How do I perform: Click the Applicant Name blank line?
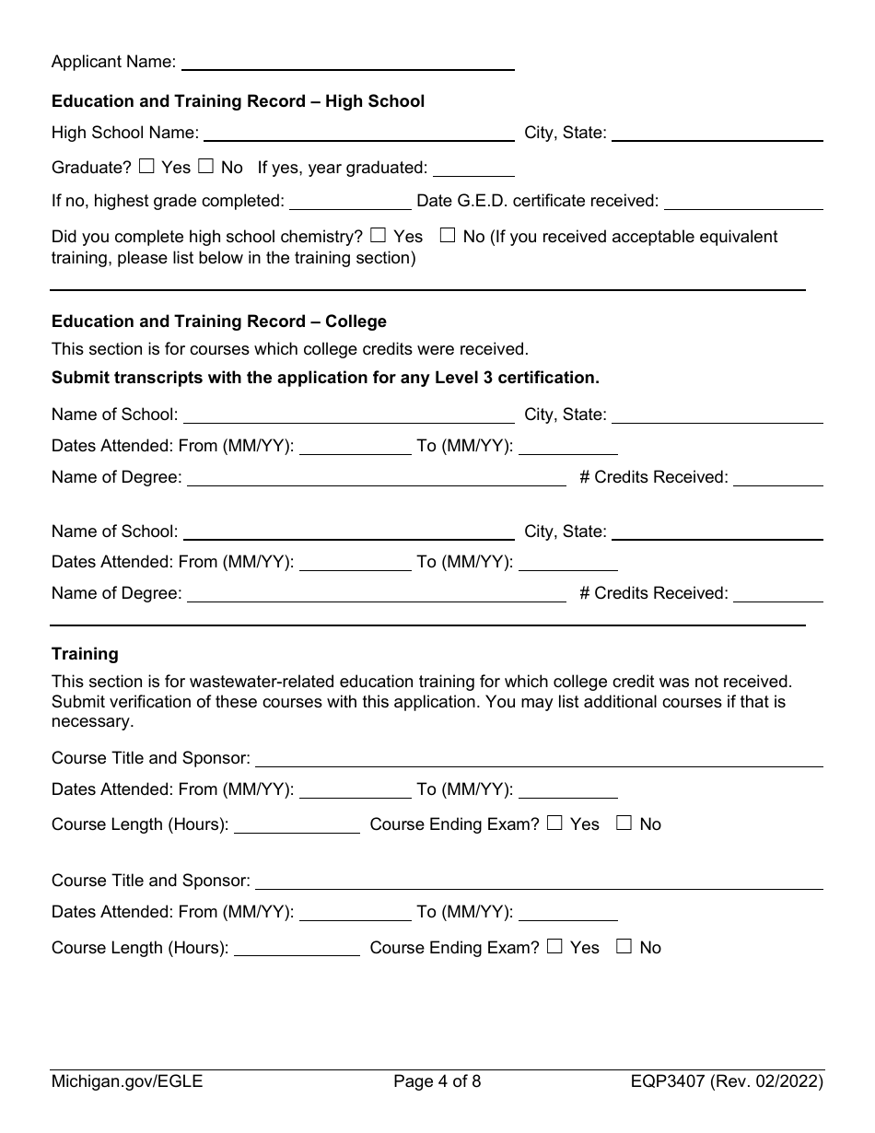[x=348, y=63]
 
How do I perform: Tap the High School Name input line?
[x=358, y=133]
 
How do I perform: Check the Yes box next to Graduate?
[x=147, y=167]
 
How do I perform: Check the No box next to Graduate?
[x=206, y=167]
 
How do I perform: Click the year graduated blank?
[x=473, y=168]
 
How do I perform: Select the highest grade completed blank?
[x=350, y=201]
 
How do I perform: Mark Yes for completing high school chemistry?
[x=378, y=236]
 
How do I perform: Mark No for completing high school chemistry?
[x=448, y=236]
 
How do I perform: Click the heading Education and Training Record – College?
[x=219, y=321]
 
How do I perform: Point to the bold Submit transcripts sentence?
[x=325, y=378]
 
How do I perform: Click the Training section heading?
[x=85, y=654]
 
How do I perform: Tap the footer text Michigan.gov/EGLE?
[x=127, y=1082]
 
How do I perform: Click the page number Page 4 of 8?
[x=437, y=1082]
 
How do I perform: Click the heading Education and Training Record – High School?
[x=238, y=101]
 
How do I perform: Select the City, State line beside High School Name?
[x=717, y=133]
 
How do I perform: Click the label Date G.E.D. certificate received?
[x=537, y=201]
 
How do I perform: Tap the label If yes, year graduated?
[x=343, y=168]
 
